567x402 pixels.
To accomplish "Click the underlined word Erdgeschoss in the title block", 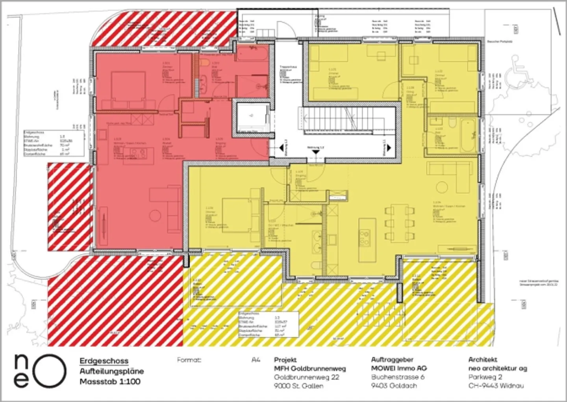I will (104, 361).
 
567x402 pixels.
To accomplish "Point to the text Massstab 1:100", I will (110, 382).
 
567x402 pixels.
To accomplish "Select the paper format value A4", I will (256, 360).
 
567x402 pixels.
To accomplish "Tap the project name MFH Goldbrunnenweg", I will (310, 368).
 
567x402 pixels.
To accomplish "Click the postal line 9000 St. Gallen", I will (298, 386).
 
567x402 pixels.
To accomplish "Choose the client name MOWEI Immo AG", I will (399, 368).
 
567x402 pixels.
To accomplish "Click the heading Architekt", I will (483, 359).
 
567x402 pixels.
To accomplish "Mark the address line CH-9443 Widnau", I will (496, 386).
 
